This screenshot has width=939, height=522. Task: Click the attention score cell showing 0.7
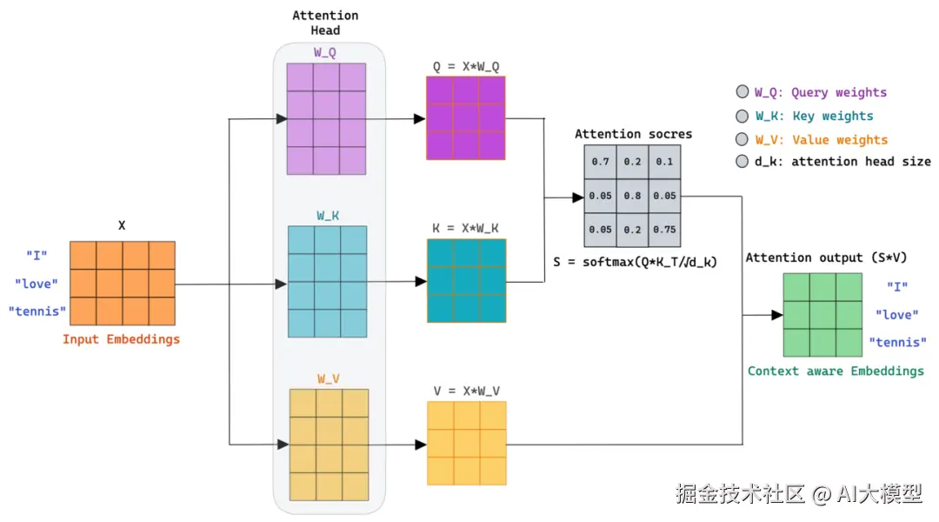point(600,162)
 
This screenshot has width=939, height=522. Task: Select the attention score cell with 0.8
point(632,196)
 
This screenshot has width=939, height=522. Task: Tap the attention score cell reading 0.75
point(665,230)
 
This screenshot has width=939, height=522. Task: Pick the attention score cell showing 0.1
point(665,162)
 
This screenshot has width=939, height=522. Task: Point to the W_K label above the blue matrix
point(328,215)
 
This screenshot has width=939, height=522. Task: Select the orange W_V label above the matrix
point(328,378)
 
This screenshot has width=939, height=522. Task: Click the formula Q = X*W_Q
point(466,66)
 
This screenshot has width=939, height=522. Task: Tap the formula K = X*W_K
point(466,228)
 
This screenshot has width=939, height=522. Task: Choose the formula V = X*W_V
point(466,391)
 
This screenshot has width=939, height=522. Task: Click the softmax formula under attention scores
point(635,261)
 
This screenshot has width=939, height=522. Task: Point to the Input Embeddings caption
point(121,339)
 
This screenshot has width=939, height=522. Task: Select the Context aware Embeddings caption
point(836,371)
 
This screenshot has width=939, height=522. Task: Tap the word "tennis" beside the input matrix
point(37,311)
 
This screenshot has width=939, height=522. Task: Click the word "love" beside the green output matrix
point(897,315)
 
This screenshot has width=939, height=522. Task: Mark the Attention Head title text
point(325,23)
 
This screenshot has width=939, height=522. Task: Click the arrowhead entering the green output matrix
point(777,315)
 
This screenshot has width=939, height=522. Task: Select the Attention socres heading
point(633,134)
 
